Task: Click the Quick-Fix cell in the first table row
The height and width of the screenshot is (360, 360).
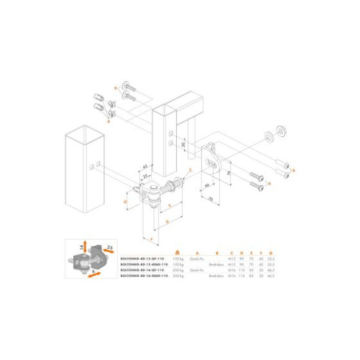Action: (x=196, y=259)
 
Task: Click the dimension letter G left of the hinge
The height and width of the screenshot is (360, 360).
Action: (x=124, y=202)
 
